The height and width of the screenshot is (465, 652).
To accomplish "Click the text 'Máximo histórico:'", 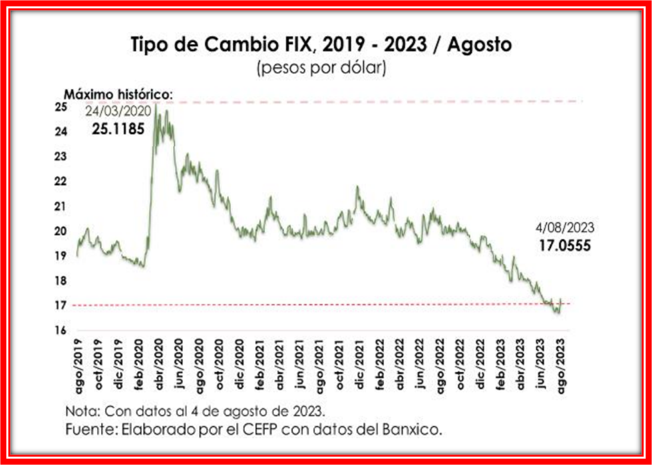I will click(x=118, y=95).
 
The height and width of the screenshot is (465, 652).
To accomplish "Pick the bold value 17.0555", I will click(x=565, y=245).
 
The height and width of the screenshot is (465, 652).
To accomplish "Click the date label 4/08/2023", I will click(x=565, y=228).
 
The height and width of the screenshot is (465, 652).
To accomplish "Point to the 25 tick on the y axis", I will click(x=61, y=107).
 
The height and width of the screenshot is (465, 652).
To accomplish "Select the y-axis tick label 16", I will click(x=61, y=331).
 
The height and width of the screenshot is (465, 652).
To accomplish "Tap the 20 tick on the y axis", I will click(x=61, y=232).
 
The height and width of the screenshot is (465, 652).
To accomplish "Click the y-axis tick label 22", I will click(x=61, y=182).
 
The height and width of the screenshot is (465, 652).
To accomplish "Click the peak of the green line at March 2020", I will click(x=156, y=104).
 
